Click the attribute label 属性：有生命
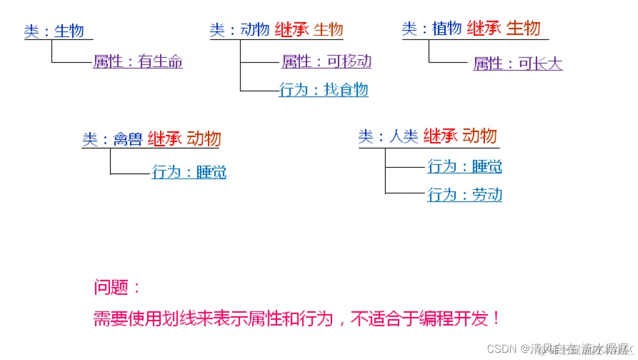pyautogui.click(x=138, y=61)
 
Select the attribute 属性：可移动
pyautogui.click(x=327, y=61)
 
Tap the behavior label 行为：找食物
pyautogui.click(x=324, y=90)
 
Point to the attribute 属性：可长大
pyautogui.click(x=518, y=63)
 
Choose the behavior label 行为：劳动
pyautogui.click(x=465, y=195)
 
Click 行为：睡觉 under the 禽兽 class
pyautogui.click(x=189, y=173)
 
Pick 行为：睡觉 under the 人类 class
pyautogui.click(x=465, y=167)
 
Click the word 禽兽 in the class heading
pyautogui.click(x=128, y=140)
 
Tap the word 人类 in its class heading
pyautogui.click(x=404, y=137)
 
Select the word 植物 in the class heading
pyautogui.click(x=447, y=28)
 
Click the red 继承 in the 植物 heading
pyautogui.click(x=484, y=28)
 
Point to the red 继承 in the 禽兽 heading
pyautogui.click(x=164, y=140)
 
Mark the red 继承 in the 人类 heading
pyautogui.click(x=440, y=137)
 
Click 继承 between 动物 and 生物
pyautogui.click(x=292, y=29)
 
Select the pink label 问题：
pyautogui.click(x=117, y=287)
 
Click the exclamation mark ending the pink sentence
pyautogui.click(x=495, y=318)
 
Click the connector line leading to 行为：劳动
pyautogui.click(x=406, y=193)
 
